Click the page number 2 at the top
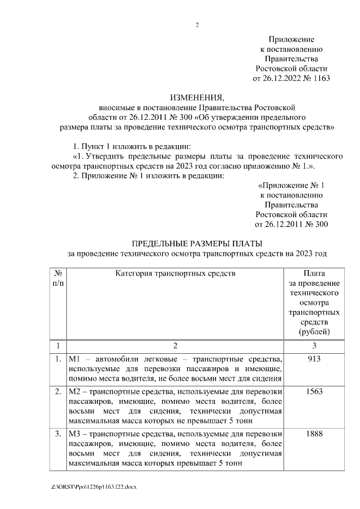197,25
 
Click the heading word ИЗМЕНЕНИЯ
197,97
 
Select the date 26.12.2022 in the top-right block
282,78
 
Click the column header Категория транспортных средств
175,274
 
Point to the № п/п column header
58,278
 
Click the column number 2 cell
175,345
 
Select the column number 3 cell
314,345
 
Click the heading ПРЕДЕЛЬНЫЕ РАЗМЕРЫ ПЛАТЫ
197,244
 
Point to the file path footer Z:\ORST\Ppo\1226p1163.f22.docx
93,485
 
